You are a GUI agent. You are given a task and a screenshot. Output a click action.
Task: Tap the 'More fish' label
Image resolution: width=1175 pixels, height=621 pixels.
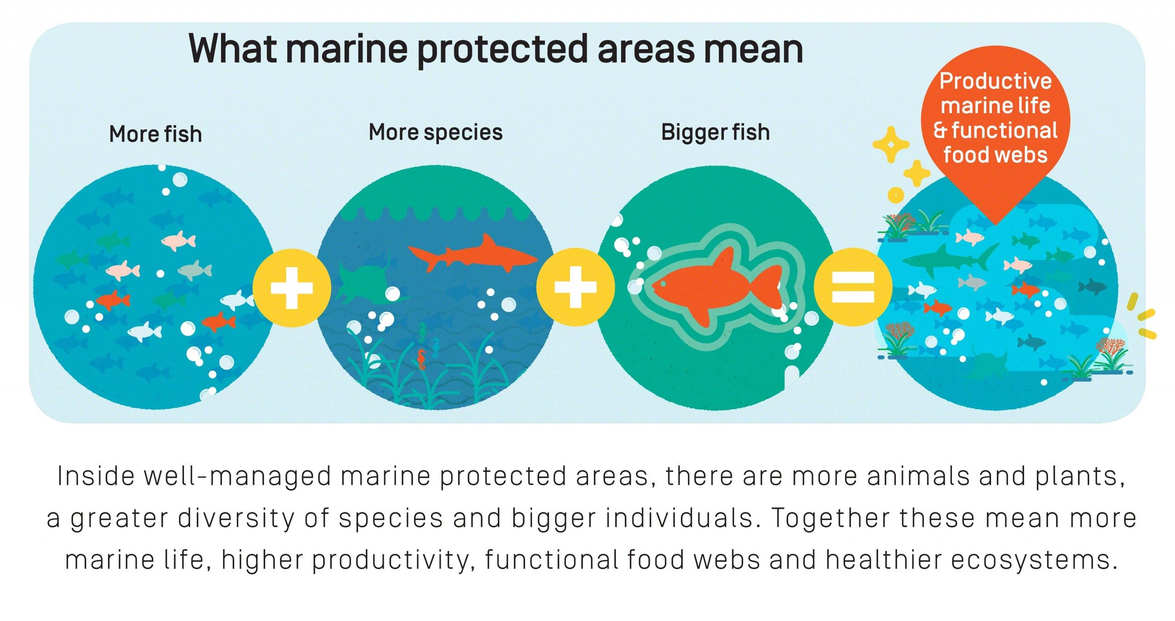(156, 134)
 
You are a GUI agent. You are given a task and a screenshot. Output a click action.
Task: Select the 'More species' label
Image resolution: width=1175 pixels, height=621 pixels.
(436, 133)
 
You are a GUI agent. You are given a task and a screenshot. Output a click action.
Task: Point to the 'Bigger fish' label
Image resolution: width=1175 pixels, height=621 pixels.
(715, 133)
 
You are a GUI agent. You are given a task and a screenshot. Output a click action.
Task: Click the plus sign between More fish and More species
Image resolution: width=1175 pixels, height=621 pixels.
(292, 288)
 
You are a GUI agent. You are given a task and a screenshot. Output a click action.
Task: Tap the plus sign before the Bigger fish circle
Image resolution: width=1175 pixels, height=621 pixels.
(576, 287)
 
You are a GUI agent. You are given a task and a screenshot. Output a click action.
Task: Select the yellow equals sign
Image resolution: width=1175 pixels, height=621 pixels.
(853, 287)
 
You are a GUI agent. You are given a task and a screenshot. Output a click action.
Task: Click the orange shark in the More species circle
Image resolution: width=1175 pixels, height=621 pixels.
(473, 254)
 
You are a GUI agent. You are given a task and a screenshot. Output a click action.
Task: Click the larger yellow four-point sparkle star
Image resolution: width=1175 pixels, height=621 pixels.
(891, 144)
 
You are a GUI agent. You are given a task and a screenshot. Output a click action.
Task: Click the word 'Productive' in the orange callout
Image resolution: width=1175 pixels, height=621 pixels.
(996, 81)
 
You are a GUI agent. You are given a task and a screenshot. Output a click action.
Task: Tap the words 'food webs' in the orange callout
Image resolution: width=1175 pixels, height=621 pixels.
(996, 155)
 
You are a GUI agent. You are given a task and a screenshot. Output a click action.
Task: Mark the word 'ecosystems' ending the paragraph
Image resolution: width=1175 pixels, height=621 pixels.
(1034, 560)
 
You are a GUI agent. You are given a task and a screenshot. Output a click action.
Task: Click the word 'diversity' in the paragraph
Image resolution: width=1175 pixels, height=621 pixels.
(236, 519)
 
